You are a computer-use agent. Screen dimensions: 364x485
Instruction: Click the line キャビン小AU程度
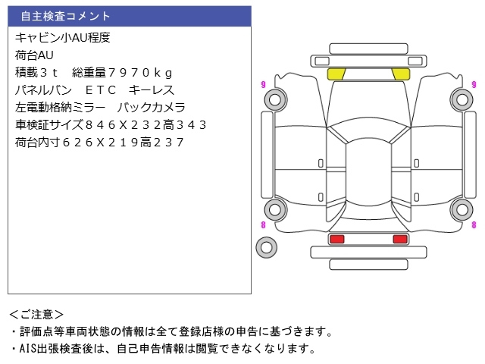point(62,38)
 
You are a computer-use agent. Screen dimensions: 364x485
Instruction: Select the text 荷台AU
point(34,55)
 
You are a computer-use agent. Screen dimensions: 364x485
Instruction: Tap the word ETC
point(95,90)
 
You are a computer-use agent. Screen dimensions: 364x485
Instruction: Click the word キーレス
point(152,90)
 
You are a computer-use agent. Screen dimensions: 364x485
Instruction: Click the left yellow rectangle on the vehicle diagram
point(336,74)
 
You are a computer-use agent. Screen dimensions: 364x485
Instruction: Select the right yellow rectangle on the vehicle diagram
point(399,74)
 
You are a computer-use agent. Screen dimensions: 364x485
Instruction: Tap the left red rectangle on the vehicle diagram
point(336,239)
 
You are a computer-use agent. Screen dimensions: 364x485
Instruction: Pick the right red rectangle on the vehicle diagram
point(399,239)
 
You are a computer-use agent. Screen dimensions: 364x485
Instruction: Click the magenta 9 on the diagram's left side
point(262,83)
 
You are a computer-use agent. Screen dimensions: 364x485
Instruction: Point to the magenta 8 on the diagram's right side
point(474,225)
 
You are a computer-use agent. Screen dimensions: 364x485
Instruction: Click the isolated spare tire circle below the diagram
point(266,246)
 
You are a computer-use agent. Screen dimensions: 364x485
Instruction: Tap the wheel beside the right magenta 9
point(461,99)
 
